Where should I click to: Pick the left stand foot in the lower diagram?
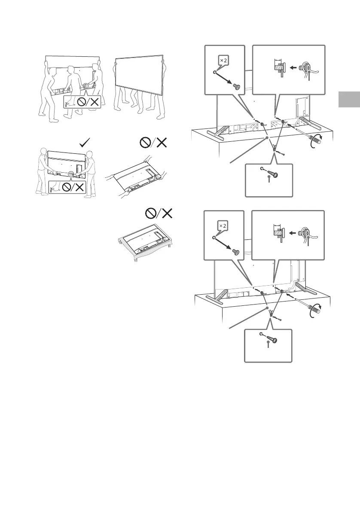click(220, 296)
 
